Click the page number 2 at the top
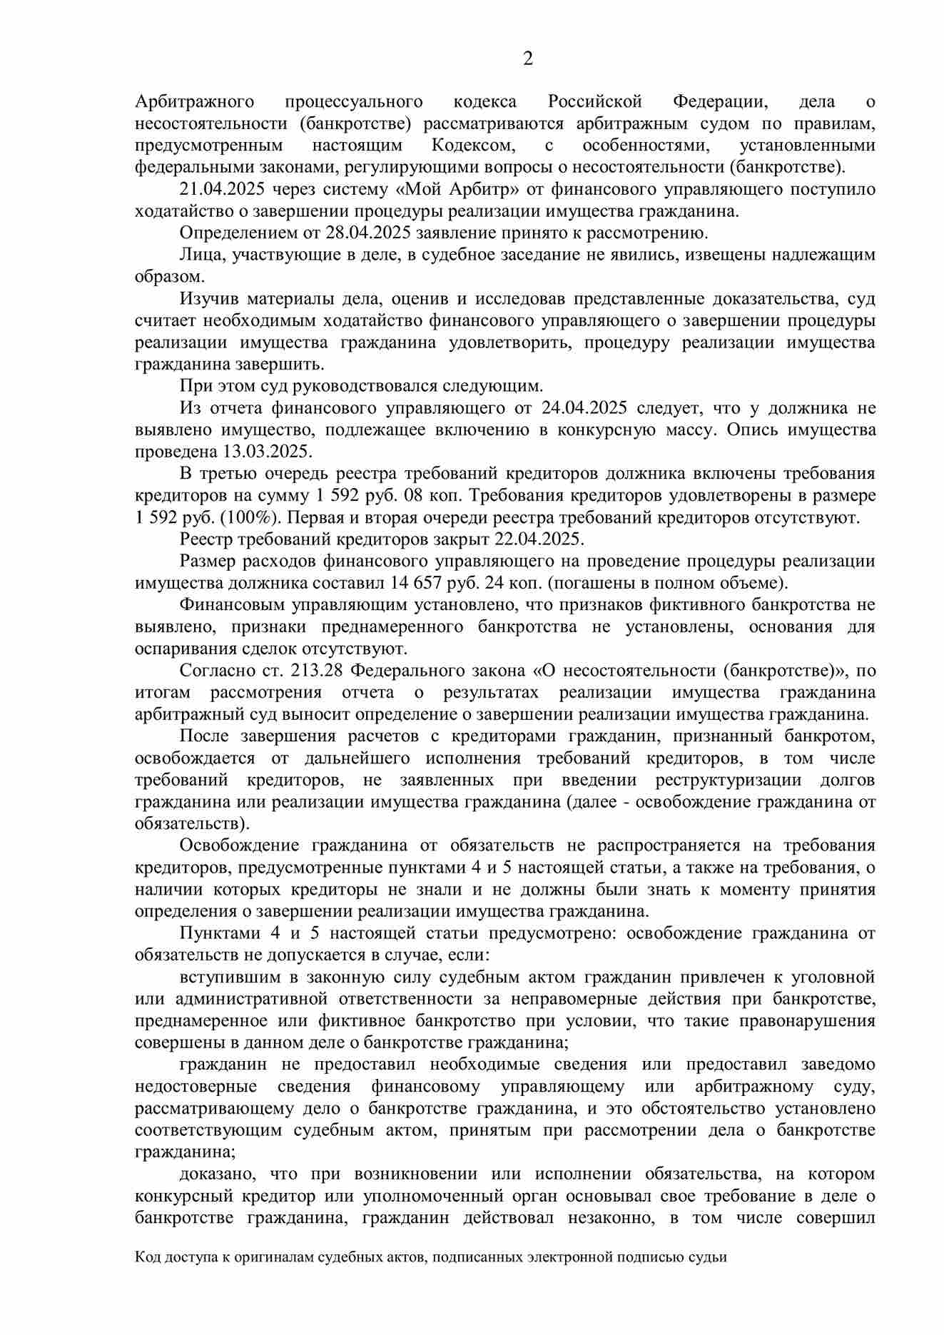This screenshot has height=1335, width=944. click(x=528, y=59)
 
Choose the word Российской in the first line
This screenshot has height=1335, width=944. click(x=595, y=102)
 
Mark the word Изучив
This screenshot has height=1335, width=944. click(x=205, y=299)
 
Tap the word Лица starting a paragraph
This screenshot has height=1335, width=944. click(x=198, y=255)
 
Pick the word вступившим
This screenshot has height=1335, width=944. click(x=225, y=977)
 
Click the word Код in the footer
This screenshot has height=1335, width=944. click(x=147, y=1278)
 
